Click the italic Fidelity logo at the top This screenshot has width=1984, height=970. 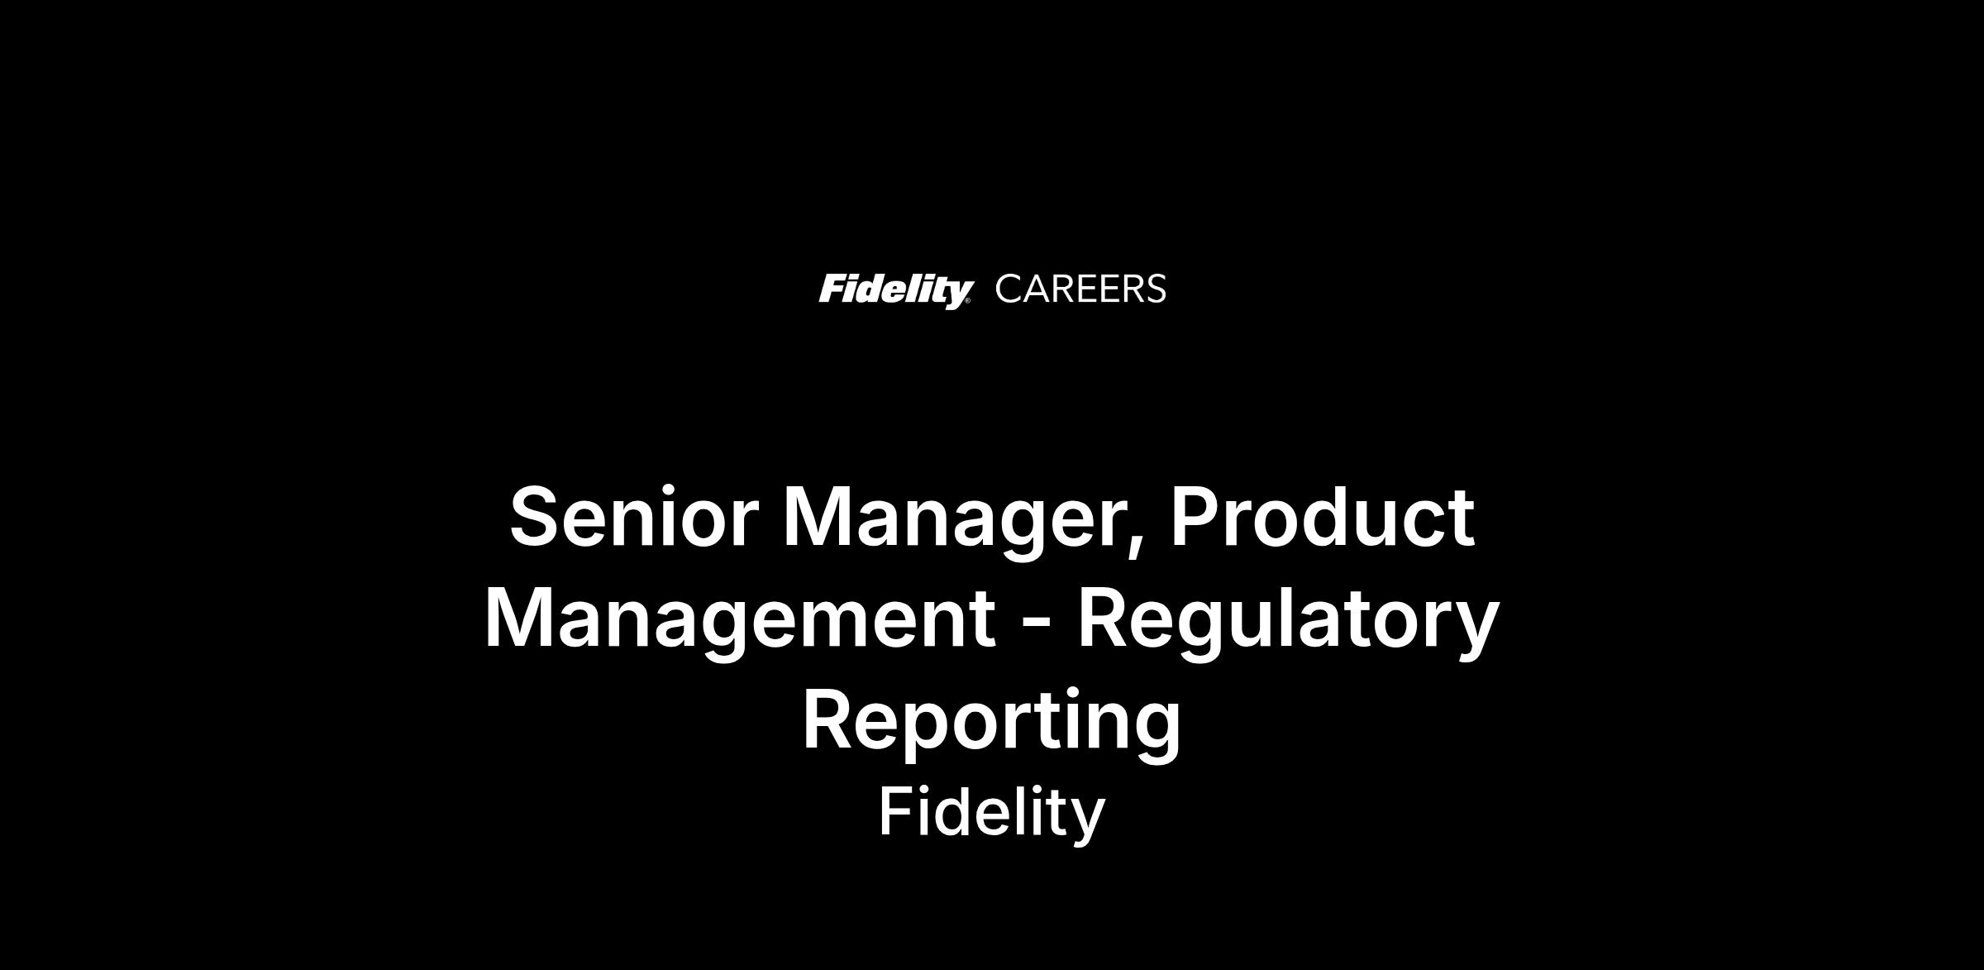point(894,290)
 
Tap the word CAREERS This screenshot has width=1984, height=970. point(1080,289)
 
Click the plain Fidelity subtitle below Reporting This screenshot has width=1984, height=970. point(991,814)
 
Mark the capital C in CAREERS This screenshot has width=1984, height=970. point(1009,289)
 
